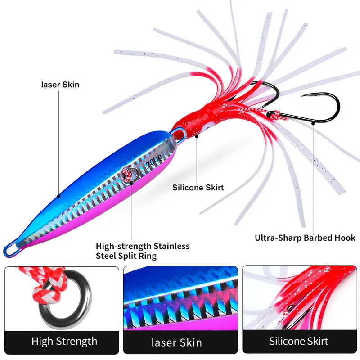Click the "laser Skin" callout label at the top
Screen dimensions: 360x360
click(x=60, y=84)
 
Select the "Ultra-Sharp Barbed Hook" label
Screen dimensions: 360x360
click(x=305, y=238)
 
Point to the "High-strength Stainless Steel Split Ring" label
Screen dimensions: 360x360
click(x=142, y=251)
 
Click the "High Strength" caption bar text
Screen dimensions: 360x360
click(x=64, y=341)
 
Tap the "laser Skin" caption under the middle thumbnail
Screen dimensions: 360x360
click(x=180, y=343)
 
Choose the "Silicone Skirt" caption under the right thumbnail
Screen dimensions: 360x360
click(x=299, y=341)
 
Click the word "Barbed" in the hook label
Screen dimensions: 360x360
click(x=315, y=238)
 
